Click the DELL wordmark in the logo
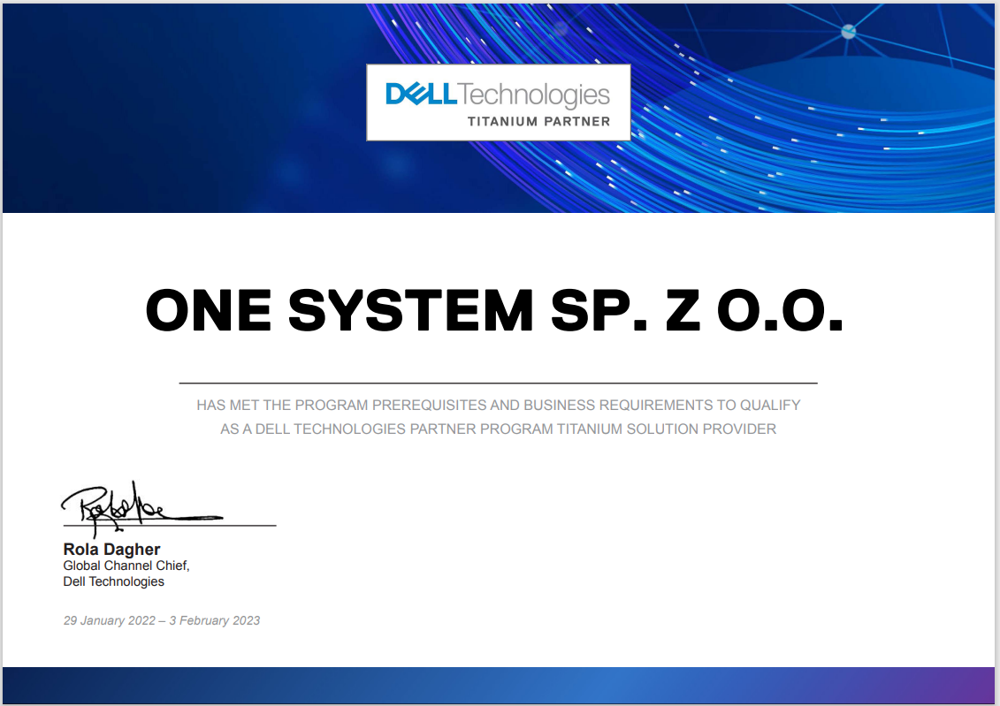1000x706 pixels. [422, 95]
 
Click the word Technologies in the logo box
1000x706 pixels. [534, 95]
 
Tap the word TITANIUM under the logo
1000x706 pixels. [502, 121]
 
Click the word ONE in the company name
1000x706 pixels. [209, 310]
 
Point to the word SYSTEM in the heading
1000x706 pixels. [411, 310]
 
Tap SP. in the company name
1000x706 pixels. [599, 310]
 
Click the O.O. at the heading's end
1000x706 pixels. [781, 310]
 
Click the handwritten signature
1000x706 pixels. [141, 508]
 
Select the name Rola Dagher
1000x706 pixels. [111, 550]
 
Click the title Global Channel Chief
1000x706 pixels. [126, 566]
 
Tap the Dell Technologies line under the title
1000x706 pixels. [113, 581]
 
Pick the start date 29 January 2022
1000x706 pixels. [109, 620]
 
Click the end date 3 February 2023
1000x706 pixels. [214, 620]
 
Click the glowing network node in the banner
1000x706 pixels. [848, 31]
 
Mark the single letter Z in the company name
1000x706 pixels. [683, 310]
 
